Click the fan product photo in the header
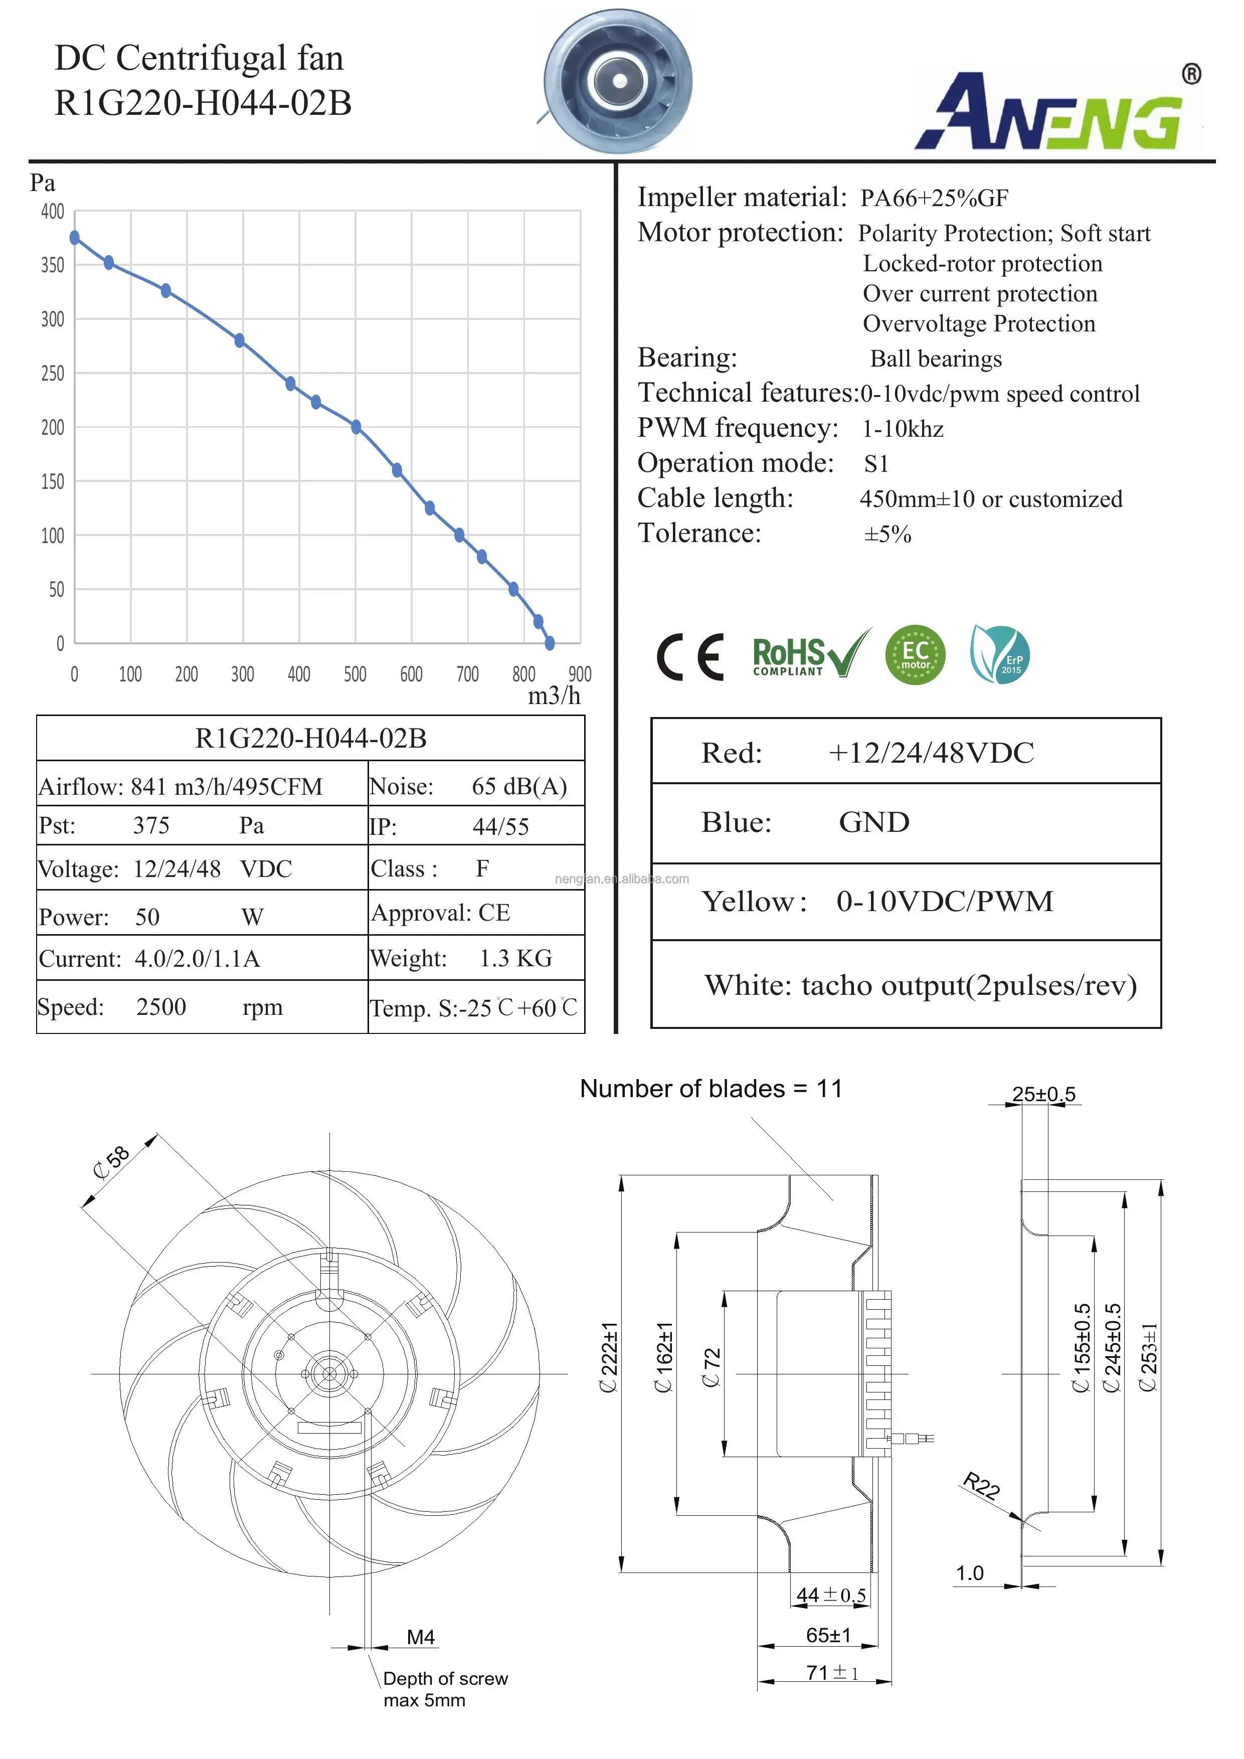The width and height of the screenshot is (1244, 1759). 618,81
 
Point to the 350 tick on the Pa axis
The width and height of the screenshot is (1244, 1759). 52,265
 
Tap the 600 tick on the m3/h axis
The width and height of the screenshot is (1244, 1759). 411,674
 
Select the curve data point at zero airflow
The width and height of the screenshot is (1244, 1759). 75,238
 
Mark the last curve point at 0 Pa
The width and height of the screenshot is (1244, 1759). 549,643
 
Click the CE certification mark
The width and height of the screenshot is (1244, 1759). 689,657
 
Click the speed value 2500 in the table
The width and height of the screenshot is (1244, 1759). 161,1007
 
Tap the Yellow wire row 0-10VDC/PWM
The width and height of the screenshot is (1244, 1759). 906,901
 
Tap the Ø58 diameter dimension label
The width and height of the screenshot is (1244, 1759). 112,1162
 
